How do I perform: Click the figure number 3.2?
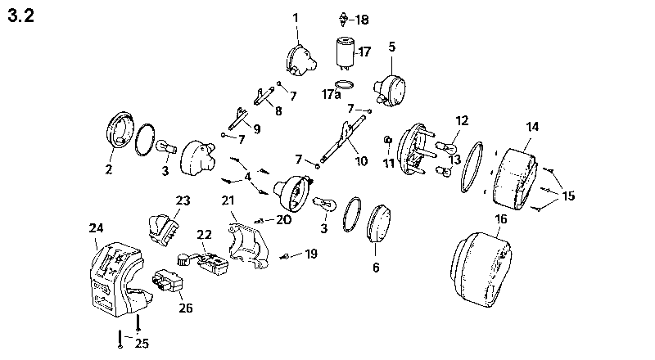click(x=20, y=17)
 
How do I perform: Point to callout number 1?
click(x=296, y=16)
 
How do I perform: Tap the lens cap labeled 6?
click(x=380, y=222)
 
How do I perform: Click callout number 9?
click(x=256, y=128)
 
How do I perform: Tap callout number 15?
click(x=568, y=196)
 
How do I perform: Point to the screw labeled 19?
click(x=287, y=256)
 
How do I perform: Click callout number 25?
click(x=142, y=342)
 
